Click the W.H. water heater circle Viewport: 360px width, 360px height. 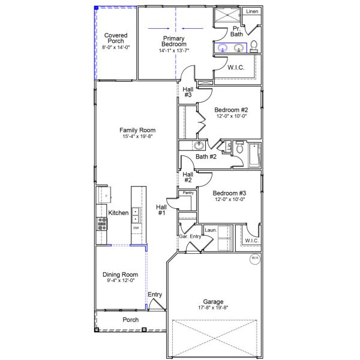pyautogui.click(x=254, y=259)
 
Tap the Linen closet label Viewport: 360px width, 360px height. pyautogui.click(x=253, y=11)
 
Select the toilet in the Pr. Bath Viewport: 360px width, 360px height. pyautogui.click(x=254, y=46)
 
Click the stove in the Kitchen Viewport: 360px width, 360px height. pyautogui.click(x=101, y=223)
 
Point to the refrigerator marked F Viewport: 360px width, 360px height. pyautogui.click(x=102, y=196)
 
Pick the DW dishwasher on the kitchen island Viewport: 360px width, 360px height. pyautogui.click(x=136, y=228)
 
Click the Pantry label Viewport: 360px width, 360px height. pyautogui.click(x=188, y=193)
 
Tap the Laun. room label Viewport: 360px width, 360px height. pyautogui.click(x=211, y=229)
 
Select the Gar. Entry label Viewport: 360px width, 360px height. pyautogui.click(x=190, y=236)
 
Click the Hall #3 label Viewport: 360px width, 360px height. pyautogui.click(x=188, y=92)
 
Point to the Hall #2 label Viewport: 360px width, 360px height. pyautogui.click(x=188, y=177)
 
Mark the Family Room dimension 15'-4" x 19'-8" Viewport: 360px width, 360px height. pyautogui.click(x=137, y=137)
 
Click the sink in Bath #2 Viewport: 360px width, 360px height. pyautogui.click(x=198, y=146)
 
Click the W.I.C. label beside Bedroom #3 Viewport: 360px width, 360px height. pyautogui.click(x=251, y=241)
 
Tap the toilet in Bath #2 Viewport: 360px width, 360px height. pyautogui.click(x=238, y=148)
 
